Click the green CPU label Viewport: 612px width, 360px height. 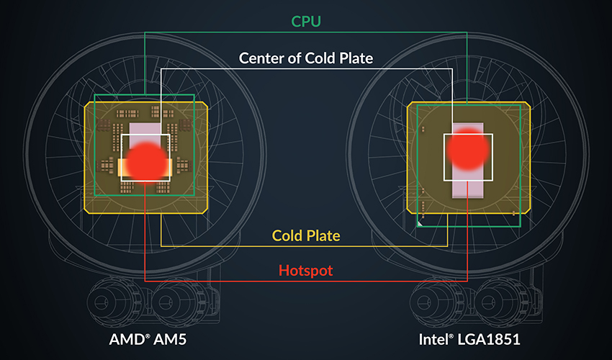tap(306, 21)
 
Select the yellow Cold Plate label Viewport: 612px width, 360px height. tap(306, 235)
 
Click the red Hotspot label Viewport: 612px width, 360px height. tap(305, 271)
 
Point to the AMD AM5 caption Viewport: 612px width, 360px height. tap(148, 339)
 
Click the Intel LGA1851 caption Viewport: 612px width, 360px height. tap(469, 339)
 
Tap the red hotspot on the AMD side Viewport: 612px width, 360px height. tap(146, 161)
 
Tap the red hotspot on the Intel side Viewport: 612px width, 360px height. tap(467, 150)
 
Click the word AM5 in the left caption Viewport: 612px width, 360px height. tap(170, 339)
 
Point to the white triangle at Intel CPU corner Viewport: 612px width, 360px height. tap(420, 224)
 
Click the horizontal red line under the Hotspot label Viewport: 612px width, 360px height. tap(306, 281)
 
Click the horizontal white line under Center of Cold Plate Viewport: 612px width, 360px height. tap(307, 68)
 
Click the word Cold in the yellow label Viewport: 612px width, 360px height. tap(287, 235)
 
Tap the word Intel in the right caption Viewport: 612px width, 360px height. tap(434, 339)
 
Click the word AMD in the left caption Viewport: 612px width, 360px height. tap(128, 339)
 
